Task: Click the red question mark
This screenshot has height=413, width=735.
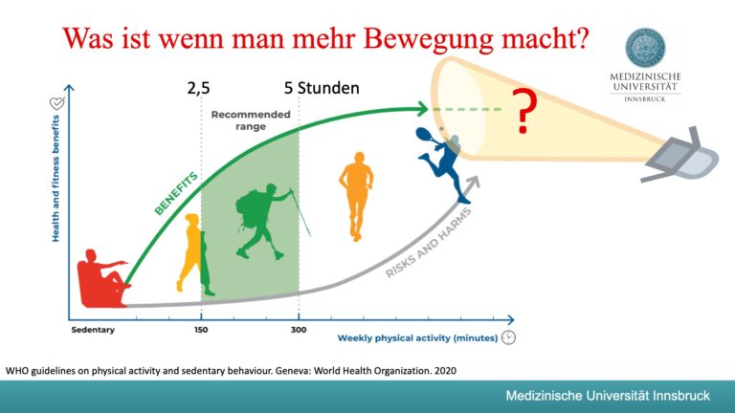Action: tap(523, 113)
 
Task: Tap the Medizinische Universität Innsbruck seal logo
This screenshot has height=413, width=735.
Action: tap(645, 48)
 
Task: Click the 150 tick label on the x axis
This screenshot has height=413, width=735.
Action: tap(200, 331)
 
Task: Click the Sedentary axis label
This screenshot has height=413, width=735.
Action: tap(92, 331)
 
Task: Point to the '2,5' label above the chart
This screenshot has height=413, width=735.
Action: tap(198, 89)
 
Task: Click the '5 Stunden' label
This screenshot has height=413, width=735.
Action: tap(322, 89)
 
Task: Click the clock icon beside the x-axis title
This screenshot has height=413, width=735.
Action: tap(509, 337)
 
